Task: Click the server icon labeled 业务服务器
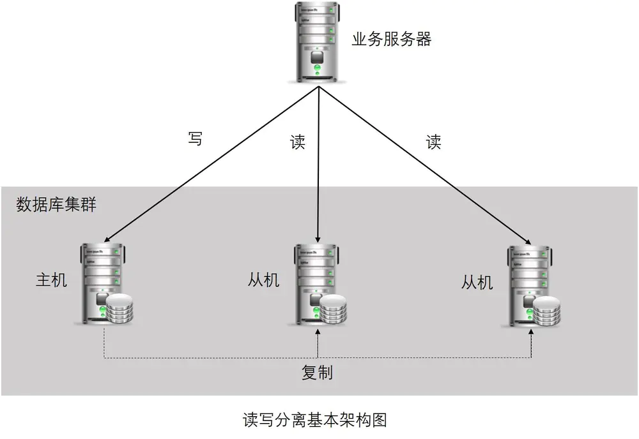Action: [x=318, y=43]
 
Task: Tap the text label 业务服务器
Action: [x=392, y=39]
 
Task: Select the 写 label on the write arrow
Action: [x=195, y=138]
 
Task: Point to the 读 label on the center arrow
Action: [x=298, y=142]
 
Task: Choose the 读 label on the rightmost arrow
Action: [x=434, y=142]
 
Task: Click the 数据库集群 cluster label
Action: [x=56, y=204]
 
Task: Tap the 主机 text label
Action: [x=51, y=280]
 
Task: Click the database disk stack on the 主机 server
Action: [x=119, y=309]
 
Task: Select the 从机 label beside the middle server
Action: [x=264, y=280]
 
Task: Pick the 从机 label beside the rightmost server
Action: [x=477, y=282]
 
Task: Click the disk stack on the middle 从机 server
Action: [x=333, y=310]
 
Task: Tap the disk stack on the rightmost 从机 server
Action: [x=546, y=311]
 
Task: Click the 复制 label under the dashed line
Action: [x=317, y=372]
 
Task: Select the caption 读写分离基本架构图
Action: [x=314, y=420]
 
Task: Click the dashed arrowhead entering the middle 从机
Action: [x=318, y=332]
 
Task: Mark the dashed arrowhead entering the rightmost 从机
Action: [x=532, y=332]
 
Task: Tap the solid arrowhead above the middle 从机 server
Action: [x=318, y=240]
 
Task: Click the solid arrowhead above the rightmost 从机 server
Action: [x=528, y=242]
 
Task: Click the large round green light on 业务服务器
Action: [x=318, y=68]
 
